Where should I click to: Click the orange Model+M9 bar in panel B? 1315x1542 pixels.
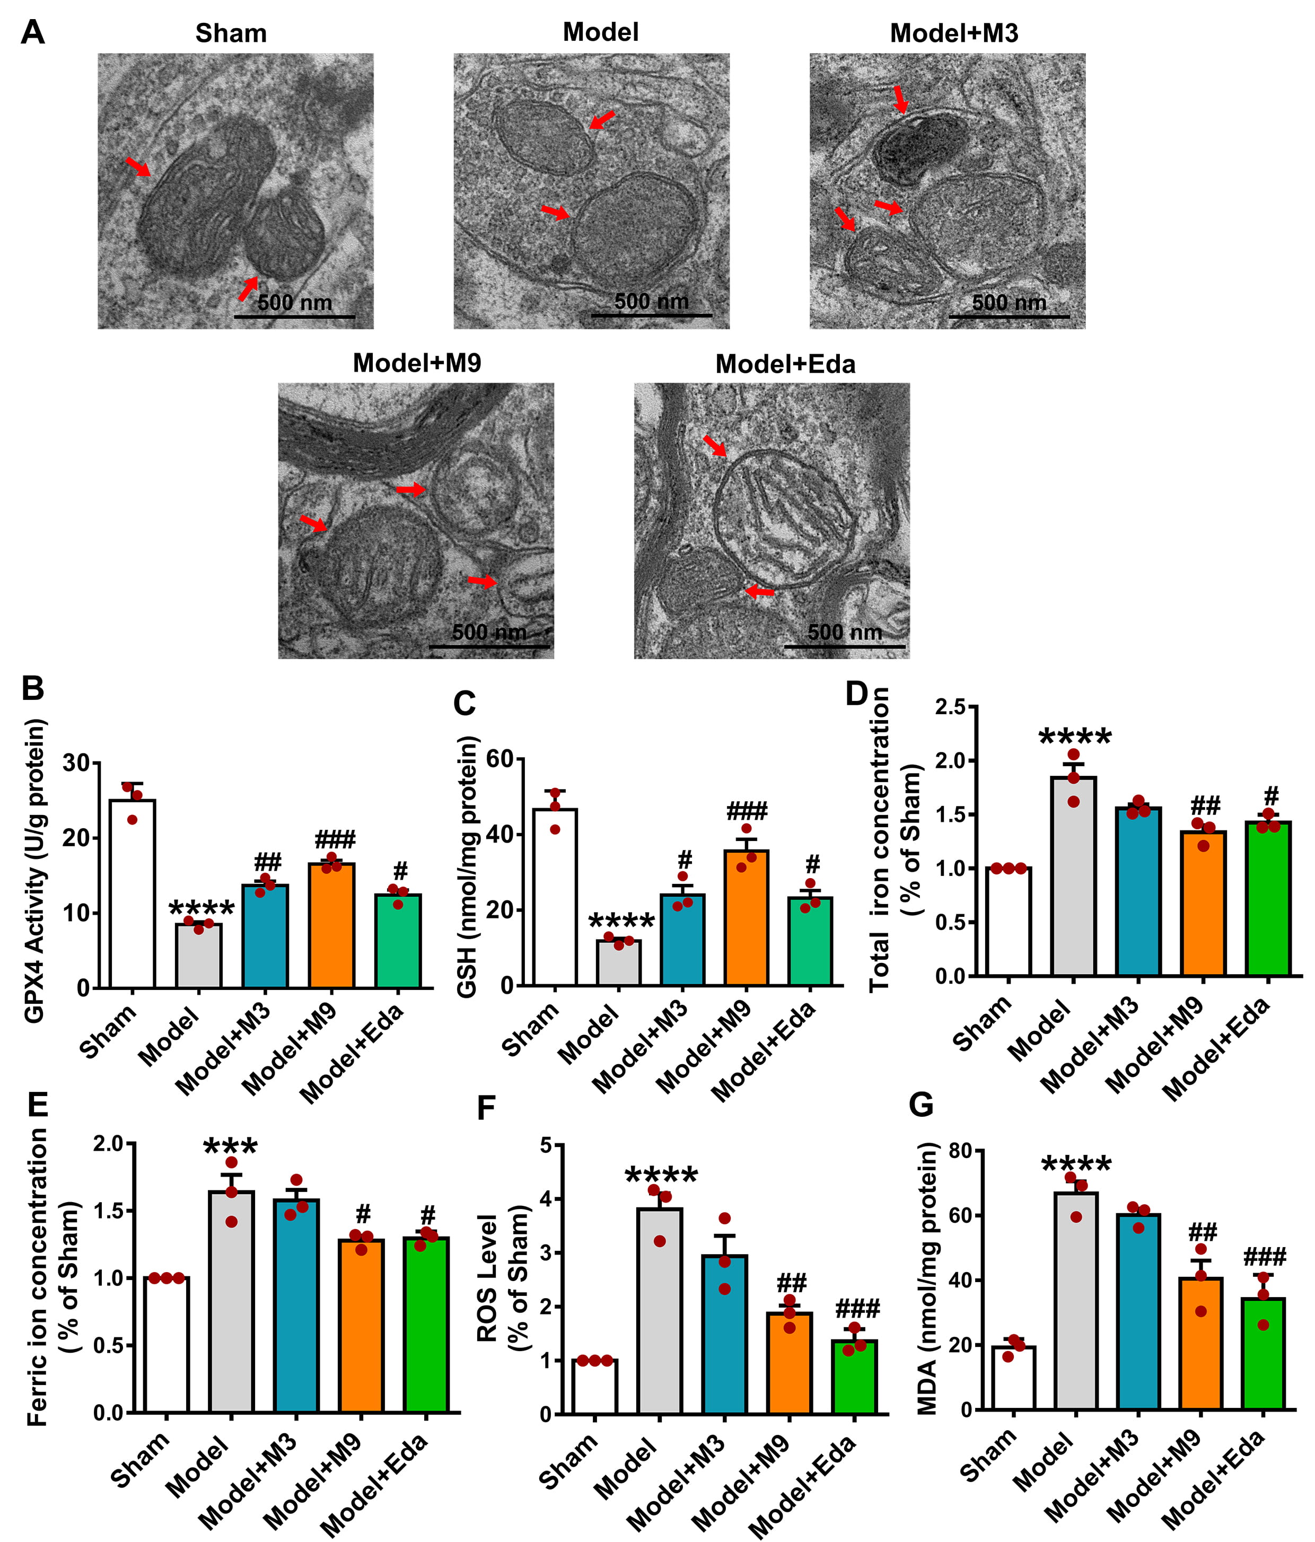point(332,926)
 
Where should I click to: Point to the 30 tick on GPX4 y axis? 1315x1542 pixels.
point(76,764)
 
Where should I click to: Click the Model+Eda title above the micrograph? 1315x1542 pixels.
point(785,364)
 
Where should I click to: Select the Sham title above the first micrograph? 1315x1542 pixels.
point(231,33)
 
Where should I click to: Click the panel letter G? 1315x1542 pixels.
point(922,1105)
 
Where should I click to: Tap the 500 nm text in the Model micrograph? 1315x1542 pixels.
point(651,301)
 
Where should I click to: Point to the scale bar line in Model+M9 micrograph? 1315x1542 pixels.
point(490,646)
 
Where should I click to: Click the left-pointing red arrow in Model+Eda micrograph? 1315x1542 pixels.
point(759,592)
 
